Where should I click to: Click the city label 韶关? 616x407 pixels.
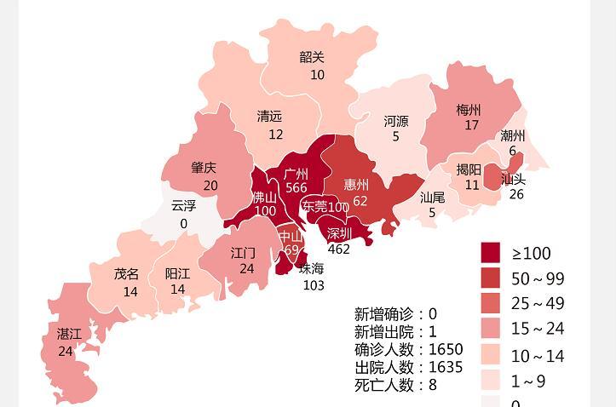(312, 58)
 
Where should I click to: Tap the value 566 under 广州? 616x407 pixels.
(296, 188)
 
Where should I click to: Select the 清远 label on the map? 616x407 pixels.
(269, 117)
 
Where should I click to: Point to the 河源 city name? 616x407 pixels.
(395, 121)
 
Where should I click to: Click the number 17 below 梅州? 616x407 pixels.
(471, 126)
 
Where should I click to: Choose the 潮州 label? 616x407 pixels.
(513, 135)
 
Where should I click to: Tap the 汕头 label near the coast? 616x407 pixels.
(513, 179)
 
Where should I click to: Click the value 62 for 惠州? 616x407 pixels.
(360, 202)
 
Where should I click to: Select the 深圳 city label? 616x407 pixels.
(338, 234)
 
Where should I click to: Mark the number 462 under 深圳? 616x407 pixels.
(338, 249)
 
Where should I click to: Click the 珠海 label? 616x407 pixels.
(312, 269)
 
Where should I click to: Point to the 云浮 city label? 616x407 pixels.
(183, 206)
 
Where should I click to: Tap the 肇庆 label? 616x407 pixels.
(204, 168)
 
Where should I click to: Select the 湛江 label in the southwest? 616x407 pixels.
(69, 334)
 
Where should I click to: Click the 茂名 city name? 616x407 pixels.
(127, 274)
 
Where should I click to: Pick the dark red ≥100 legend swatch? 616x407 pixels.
(491, 253)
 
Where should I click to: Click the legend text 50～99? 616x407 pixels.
(538, 279)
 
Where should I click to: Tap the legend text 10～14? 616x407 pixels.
(538, 356)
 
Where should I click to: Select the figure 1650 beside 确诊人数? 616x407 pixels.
(446, 349)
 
